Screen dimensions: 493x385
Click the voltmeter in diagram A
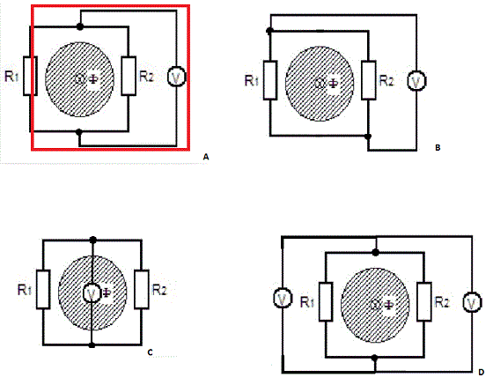click(x=176, y=77)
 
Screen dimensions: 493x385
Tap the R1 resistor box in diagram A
click(x=31, y=76)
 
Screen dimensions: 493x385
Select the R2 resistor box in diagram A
click(x=129, y=76)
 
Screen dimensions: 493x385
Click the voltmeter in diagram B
click(x=416, y=81)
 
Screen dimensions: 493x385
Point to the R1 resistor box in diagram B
click(x=270, y=80)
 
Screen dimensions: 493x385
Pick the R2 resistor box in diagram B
click(x=369, y=80)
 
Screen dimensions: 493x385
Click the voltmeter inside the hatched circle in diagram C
click(x=92, y=293)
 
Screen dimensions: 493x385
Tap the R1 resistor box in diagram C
click(x=43, y=289)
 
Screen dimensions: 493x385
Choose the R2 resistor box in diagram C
click(x=142, y=289)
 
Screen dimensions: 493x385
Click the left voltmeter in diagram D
click(x=283, y=299)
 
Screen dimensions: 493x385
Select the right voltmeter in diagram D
click(x=472, y=302)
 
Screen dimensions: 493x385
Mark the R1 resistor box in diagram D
click(x=326, y=302)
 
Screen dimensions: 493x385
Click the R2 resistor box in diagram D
click(x=424, y=302)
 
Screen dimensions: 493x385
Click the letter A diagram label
click(x=206, y=157)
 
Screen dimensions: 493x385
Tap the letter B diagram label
click(x=438, y=147)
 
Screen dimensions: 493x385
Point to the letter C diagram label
click(x=150, y=353)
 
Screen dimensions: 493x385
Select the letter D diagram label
click(x=482, y=373)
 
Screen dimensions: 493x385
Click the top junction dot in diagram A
click(x=80, y=27)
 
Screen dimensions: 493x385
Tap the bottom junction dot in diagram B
click(x=368, y=137)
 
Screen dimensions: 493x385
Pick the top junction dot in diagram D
click(x=375, y=252)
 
